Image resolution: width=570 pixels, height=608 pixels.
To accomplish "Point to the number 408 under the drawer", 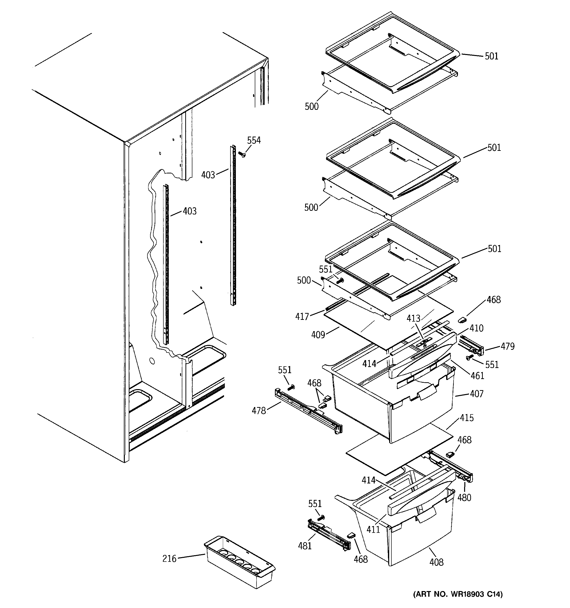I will pyautogui.click(x=436, y=562).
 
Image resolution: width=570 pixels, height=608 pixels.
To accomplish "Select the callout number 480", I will pyautogui.click(x=464, y=498).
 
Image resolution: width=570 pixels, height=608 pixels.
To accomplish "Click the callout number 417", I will pyautogui.click(x=302, y=317).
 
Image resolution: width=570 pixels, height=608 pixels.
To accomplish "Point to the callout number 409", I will pyautogui.click(x=318, y=335).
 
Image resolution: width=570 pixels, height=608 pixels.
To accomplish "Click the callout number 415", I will pyautogui.click(x=467, y=418).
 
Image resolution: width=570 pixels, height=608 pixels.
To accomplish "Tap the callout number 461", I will pyautogui.click(x=478, y=376).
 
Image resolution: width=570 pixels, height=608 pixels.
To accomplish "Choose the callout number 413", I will pyautogui.click(x=413, y=318).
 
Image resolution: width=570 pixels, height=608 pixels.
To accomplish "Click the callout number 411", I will pyautogui.click(x=373, y=529).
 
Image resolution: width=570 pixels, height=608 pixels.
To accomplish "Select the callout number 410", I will pyautogui.click(x=476, y=328).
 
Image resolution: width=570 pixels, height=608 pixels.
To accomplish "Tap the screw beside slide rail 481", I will pyautogui.click(x=320, y=518).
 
